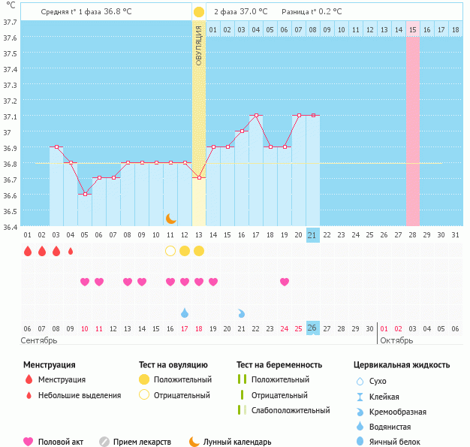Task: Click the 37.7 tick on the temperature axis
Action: click(10, 22)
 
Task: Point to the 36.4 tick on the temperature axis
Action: click(10, 226)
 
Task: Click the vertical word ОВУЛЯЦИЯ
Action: click(198, 46)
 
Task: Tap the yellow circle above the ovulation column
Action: click(198, 12)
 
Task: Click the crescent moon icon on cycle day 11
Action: click(170, 218)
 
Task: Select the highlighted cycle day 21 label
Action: click(313, 235)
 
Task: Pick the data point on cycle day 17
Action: click(256, 116)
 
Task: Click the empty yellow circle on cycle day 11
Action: click(170, 251)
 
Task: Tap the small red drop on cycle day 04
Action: click(71, 251)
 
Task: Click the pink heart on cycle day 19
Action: click(285, 282)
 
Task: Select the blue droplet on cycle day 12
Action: click(185, 313)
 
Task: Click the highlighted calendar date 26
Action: click(313, 328)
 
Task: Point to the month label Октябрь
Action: click(396, 340)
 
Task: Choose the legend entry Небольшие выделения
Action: click(79, 395)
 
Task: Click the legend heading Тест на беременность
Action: click(279, 365)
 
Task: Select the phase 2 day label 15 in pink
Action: click(413, 29)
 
